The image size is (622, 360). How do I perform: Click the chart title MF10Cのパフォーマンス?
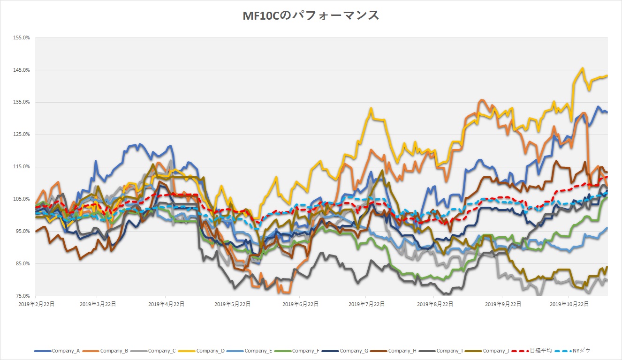pos(311,15)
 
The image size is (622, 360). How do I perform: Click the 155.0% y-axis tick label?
pos(22,38)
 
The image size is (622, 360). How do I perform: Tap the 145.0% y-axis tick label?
pos(22,70)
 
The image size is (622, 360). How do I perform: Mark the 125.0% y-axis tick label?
pos(22,135)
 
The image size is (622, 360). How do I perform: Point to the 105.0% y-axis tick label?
pos(22,199)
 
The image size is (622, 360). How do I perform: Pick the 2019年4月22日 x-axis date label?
pos(166,304)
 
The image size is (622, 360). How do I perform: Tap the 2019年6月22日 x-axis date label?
pos(301,304)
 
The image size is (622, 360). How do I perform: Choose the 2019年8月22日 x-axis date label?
pos(435,304)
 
